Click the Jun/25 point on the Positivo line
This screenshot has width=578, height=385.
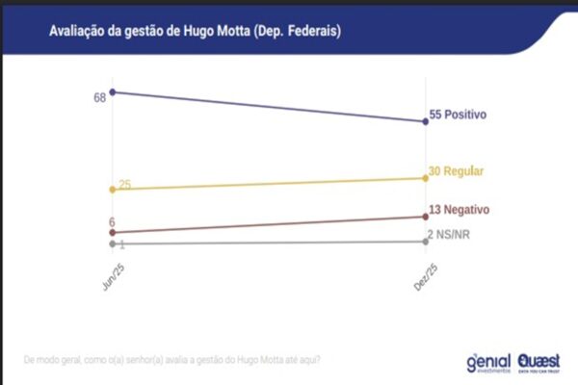113,91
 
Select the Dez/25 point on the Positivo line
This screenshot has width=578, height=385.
426,121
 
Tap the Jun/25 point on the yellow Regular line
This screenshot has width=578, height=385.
113,190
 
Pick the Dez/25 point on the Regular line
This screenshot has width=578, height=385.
426,178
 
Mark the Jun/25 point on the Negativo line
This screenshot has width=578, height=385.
113,232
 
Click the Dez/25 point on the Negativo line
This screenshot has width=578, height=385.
426,217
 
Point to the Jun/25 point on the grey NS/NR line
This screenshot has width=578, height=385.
113,244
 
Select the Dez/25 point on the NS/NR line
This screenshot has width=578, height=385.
426,242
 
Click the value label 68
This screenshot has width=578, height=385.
99,98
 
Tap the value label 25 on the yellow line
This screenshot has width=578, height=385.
125,185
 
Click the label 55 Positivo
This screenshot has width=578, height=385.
457,115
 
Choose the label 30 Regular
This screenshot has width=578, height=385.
456,171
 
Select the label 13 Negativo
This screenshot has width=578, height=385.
460,209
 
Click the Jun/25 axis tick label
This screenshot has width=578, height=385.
111,273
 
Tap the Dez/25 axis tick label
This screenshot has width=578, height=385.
424,273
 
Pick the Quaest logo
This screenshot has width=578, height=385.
539,362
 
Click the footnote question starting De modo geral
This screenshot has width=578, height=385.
171,361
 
